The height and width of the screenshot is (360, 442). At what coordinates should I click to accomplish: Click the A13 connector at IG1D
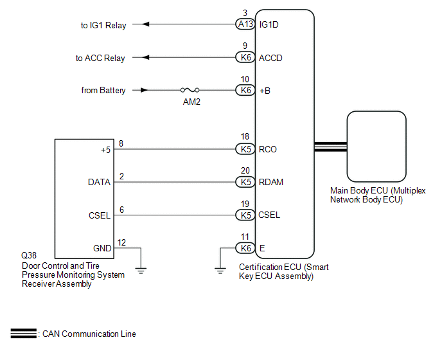(244, 24)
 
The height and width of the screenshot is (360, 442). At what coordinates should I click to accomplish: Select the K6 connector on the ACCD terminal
(244, 58)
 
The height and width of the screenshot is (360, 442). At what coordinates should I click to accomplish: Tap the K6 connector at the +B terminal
(244, 91)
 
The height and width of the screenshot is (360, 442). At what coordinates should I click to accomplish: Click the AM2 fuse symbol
(189, 91)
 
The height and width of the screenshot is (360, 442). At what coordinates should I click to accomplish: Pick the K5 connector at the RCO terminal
(244, 149)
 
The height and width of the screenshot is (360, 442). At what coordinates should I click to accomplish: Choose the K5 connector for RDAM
(244, 182)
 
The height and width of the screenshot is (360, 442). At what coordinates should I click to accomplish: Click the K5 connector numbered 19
(244, 215)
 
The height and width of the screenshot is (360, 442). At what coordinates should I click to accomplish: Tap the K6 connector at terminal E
(244, 248)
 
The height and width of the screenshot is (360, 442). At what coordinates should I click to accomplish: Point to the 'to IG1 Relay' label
(103, 25)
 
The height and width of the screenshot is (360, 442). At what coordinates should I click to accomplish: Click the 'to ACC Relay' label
(100, 59)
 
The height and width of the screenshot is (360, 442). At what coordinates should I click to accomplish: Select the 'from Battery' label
(103, 91)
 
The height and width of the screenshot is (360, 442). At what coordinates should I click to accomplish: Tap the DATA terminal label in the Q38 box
(99, 183)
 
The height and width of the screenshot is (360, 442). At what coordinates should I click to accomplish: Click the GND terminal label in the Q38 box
(102, 248)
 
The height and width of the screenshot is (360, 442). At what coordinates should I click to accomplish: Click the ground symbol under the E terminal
(220, 269)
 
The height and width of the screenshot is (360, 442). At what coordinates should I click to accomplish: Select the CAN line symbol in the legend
(23, 334)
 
